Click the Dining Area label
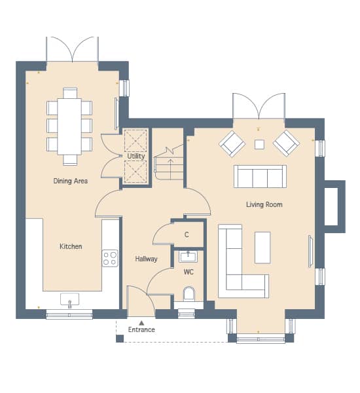coord(71,181)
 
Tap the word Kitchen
coord(71,246)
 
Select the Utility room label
coord(136,156)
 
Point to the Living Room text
coord(264,204)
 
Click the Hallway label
coord(146,259)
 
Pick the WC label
coord(189,272)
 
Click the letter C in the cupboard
coord(187,234)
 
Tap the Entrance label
coord(141,329)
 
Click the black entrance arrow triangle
coord(141,323)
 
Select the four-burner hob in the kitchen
coord(110,259)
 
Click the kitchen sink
coord(69,299)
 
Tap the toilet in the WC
coord(189,293)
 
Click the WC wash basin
coord(188,257)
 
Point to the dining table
coord(69,126)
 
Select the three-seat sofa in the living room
coord(260,176)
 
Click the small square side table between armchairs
coord(259,144)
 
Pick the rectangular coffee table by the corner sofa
coord(262,248)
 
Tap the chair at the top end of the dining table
coord(70,93)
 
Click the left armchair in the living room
coord(232,143)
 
